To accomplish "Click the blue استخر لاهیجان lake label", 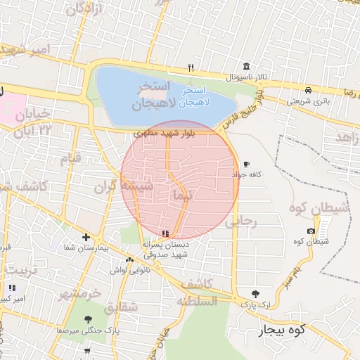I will [x=193, y=97].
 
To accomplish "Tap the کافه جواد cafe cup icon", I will [x=246, y=164].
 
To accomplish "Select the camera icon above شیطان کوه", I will [x=311, y=231].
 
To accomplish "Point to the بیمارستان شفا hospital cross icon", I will [x=86, y=238].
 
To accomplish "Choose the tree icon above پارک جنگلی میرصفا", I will [x=87, y=320].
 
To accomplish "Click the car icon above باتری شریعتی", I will [x=309, y=90].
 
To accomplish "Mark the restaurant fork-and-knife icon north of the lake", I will [x=191, y=68].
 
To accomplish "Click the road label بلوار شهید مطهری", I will [x=162, y=131].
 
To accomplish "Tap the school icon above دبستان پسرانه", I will [x=165, y=233].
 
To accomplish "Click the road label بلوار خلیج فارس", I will [x=243, y=109].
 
